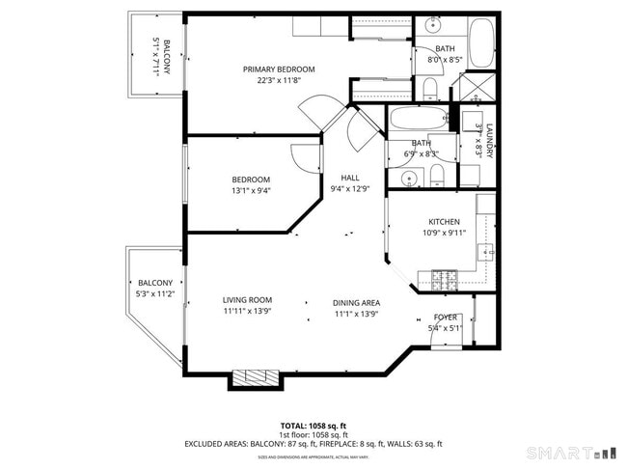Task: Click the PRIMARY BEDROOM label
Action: point(279,69)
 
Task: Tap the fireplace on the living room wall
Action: point(256,377)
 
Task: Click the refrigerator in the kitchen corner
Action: point(485,204)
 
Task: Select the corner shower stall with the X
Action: point(475,89)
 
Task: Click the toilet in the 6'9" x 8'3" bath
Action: point(437,174)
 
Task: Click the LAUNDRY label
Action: point(490,143)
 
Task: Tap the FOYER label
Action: point(446,317)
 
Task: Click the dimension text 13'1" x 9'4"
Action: point(251,191)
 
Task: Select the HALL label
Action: point(350,178)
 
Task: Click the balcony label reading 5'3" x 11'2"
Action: point(154,294)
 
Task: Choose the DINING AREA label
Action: point(357,301)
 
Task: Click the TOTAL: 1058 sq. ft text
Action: point(313,425)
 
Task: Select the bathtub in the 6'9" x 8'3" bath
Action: point(419,121)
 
